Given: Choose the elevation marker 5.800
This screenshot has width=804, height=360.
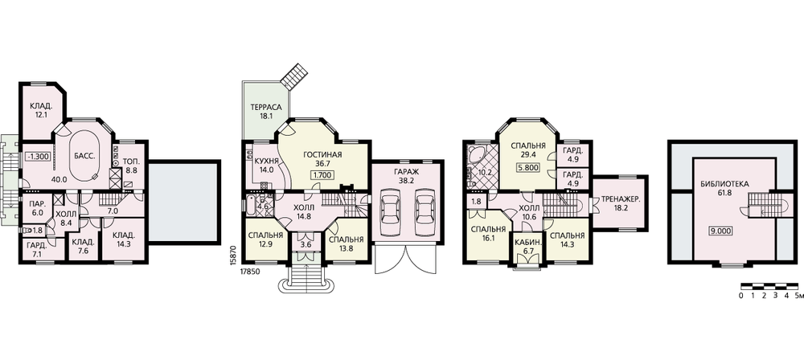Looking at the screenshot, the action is pyautogui.click(x=528, y=167).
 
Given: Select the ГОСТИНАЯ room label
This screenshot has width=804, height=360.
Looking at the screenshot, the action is pyautogui.click(x=322, y=155).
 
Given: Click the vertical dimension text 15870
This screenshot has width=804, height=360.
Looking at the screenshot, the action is pyautogui.click(x=233, y=253).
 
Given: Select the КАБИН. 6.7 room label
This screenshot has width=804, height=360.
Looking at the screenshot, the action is pyautogui.click(x=526, y=245).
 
